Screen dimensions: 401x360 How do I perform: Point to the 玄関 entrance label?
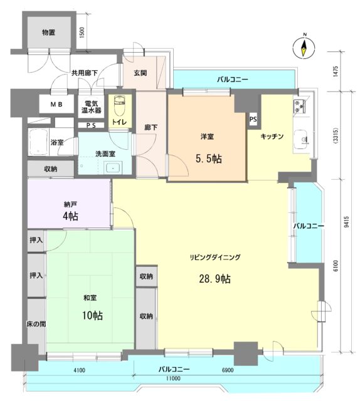coord(140,73)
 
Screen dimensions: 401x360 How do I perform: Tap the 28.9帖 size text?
coord(216,278)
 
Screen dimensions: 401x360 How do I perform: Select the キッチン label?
coord(273,136)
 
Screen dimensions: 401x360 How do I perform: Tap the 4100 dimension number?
coord(80,372)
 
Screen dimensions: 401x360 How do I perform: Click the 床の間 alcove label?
coord(35,324)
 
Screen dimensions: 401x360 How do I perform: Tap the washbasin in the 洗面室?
coord(114,167)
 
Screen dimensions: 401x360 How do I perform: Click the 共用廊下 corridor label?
coord(83,73)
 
